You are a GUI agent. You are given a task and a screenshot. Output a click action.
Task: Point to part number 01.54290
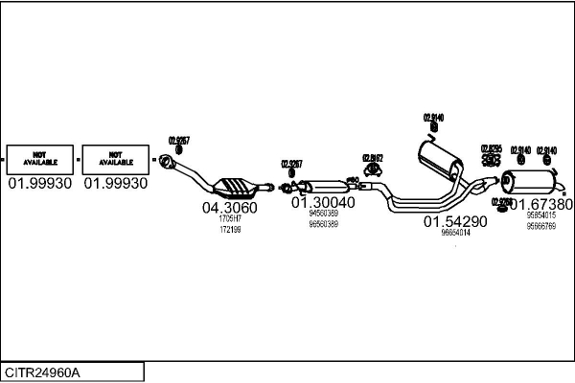(x=455, y=221)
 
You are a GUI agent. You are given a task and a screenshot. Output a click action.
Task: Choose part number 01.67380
(x=541, y=204)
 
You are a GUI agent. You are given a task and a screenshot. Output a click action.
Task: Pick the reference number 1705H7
(x=230, y=219)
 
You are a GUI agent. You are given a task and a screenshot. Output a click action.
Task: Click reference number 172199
(x=230, y=230)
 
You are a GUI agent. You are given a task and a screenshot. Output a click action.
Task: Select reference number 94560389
(x=323, y=214)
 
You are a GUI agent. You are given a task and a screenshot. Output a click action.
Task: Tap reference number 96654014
(x=455, y=233)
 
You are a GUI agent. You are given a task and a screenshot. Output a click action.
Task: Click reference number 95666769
(x=541, y=226)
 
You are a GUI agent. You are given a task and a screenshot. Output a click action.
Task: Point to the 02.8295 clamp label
(x=490, y=149)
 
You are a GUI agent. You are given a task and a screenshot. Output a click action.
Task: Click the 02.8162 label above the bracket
(x=373, y=158)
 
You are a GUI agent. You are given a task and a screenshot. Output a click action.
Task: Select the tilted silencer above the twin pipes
(x=439, y=159)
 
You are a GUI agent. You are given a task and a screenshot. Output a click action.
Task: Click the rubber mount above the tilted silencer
(x=434, y=128)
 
